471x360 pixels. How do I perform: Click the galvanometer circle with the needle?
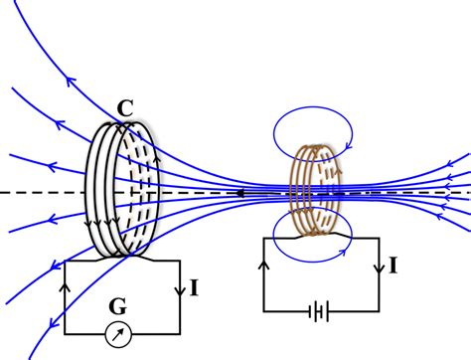119,331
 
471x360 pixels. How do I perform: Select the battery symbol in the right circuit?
317,312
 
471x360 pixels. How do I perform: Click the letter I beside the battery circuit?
394,266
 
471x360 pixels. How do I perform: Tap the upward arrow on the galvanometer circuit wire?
66,285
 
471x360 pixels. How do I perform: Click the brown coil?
316,189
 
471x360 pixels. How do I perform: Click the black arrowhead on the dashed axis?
238,192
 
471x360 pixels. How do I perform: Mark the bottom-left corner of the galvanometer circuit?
66,332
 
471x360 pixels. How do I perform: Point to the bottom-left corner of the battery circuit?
263,312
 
